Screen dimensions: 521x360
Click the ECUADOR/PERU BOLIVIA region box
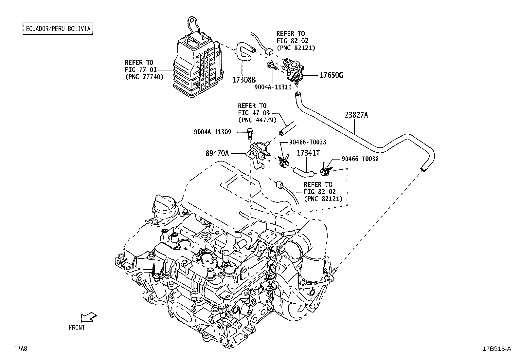click(58, 28)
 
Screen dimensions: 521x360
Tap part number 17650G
click(332, 75)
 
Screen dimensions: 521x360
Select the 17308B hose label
click(244, 80)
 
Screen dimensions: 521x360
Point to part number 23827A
click(356, 115)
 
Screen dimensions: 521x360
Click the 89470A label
click(217, 153)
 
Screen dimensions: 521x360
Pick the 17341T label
click(308, 153)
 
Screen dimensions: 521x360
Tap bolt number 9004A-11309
click(213, 132)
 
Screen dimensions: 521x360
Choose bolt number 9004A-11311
click(273, 87)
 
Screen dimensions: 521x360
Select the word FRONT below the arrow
click(77, 328)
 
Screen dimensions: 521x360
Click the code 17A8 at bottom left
click(21, 349)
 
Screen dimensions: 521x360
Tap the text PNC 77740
click(144, 77)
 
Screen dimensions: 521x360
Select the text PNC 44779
click(258, 120)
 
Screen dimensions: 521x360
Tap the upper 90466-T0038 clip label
click(308, 142)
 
